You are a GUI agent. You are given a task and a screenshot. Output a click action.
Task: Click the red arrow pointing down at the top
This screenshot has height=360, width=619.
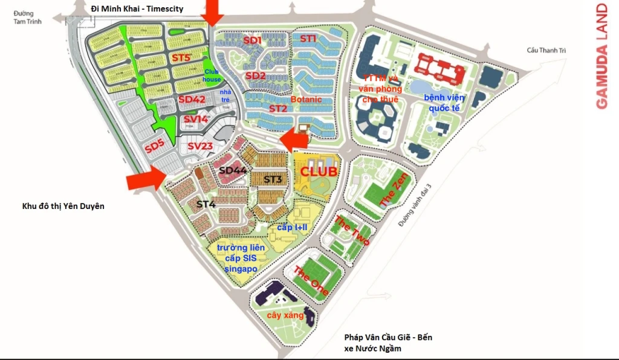click(212, 12)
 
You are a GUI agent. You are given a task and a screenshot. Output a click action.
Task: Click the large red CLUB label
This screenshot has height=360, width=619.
click(318, 172)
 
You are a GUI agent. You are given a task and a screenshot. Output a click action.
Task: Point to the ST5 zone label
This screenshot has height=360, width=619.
click(181, 58)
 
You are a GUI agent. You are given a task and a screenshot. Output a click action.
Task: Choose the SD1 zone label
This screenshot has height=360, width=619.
click(252, 40)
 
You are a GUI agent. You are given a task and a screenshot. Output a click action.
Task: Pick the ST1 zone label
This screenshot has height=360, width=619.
click(308, 39)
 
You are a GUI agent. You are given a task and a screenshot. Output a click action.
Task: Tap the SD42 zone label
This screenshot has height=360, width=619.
click(192, 100)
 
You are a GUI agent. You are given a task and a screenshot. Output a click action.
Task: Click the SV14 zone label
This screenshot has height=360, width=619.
click(196, 120)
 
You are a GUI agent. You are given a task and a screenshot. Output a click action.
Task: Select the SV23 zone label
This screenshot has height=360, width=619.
click(200, 146)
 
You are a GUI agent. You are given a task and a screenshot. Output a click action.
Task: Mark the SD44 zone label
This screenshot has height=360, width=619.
click(233, 171)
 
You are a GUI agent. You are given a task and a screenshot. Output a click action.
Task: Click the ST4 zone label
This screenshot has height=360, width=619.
click(206, 204)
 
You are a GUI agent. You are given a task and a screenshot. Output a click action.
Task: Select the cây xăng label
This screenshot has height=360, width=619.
click(285, 315)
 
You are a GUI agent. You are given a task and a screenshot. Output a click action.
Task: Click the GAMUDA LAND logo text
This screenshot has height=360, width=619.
click(601, 56)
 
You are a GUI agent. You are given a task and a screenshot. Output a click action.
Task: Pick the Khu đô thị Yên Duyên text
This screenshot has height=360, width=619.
click(63, 206)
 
